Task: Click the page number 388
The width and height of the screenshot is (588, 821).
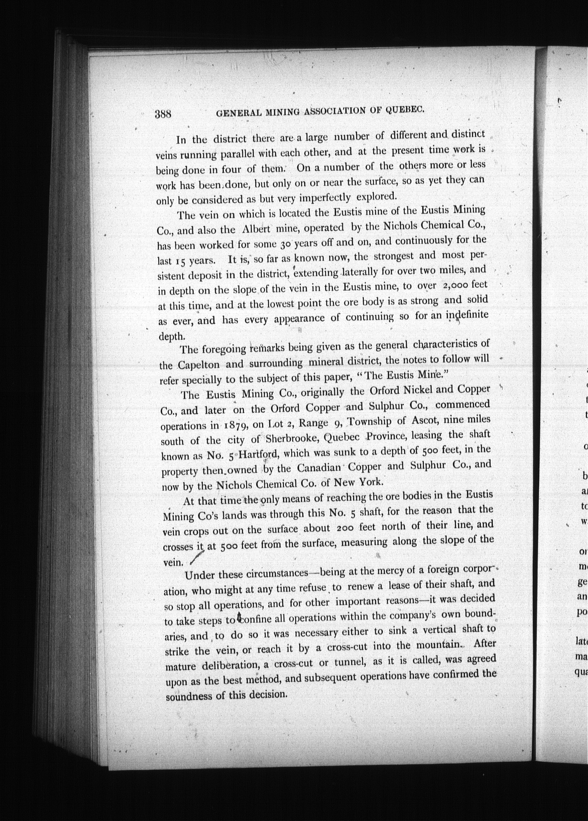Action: pos(163,114)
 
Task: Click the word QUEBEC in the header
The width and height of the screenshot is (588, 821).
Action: pos(405,109)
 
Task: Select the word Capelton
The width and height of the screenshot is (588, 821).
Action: pos(198,365)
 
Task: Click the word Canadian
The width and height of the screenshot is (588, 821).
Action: pos(319,468)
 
